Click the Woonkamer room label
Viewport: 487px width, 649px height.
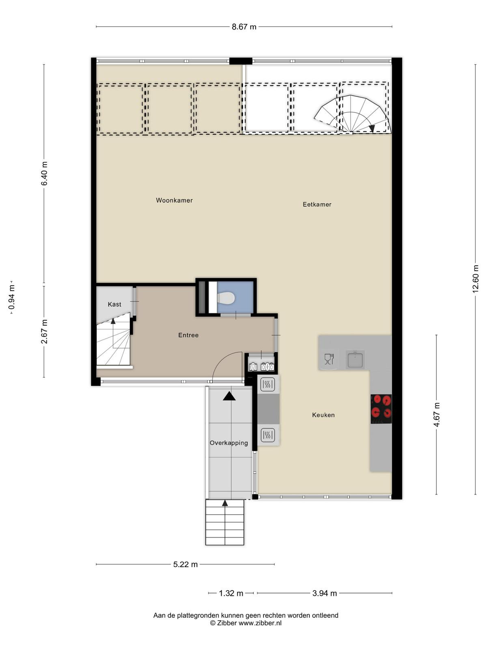coord(174,200)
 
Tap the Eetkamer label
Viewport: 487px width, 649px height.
coord(317,204)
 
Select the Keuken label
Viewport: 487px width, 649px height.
coord(323,415)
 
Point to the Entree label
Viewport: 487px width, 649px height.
coord(188,335)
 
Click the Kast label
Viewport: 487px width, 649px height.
coord(114,304)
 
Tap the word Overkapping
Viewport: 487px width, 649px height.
coord(229,443)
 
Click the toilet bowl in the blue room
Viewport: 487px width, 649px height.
coord(226,298)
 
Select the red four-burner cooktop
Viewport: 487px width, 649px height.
coord(381,409)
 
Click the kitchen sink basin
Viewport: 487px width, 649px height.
coord(355,360)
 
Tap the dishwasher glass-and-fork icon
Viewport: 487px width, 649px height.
coord(329,359)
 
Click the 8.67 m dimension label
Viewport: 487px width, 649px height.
coord(244,27)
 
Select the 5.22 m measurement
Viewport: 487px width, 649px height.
coord(185,565)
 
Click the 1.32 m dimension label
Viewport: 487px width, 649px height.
coord(231,593)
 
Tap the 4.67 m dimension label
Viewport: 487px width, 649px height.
coord(437,414)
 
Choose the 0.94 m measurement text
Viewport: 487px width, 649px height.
coord(12,297)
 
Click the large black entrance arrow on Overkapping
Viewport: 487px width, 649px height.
coord(229,396)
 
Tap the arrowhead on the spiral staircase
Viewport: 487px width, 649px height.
coord(372,128)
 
